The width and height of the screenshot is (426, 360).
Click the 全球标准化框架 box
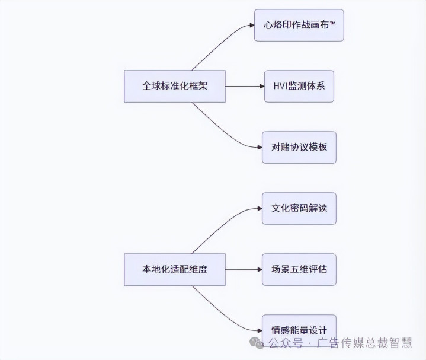pos(175,86)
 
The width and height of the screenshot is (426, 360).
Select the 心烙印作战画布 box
pos(299,26)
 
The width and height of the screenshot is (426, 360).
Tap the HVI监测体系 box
pos(299,86)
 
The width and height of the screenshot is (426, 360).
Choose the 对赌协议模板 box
pos(299,147)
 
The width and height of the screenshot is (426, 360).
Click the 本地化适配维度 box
pos(175,269)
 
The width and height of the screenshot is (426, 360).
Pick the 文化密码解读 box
pos(299,208)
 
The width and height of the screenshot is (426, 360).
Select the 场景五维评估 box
pos(299,269)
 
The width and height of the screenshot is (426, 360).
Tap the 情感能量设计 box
pos(299,329)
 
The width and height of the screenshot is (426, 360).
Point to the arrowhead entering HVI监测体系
pos(261,86)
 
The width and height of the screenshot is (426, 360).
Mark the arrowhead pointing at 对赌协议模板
pos(258,147)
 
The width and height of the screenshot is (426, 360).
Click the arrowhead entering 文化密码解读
pos(258,208)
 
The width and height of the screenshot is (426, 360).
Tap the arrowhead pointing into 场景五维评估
pos(258,269)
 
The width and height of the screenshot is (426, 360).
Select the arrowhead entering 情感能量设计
pos(258,330)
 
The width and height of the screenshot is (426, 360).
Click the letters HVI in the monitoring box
pos(280,86)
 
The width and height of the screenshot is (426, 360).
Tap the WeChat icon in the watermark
pos(257,343)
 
